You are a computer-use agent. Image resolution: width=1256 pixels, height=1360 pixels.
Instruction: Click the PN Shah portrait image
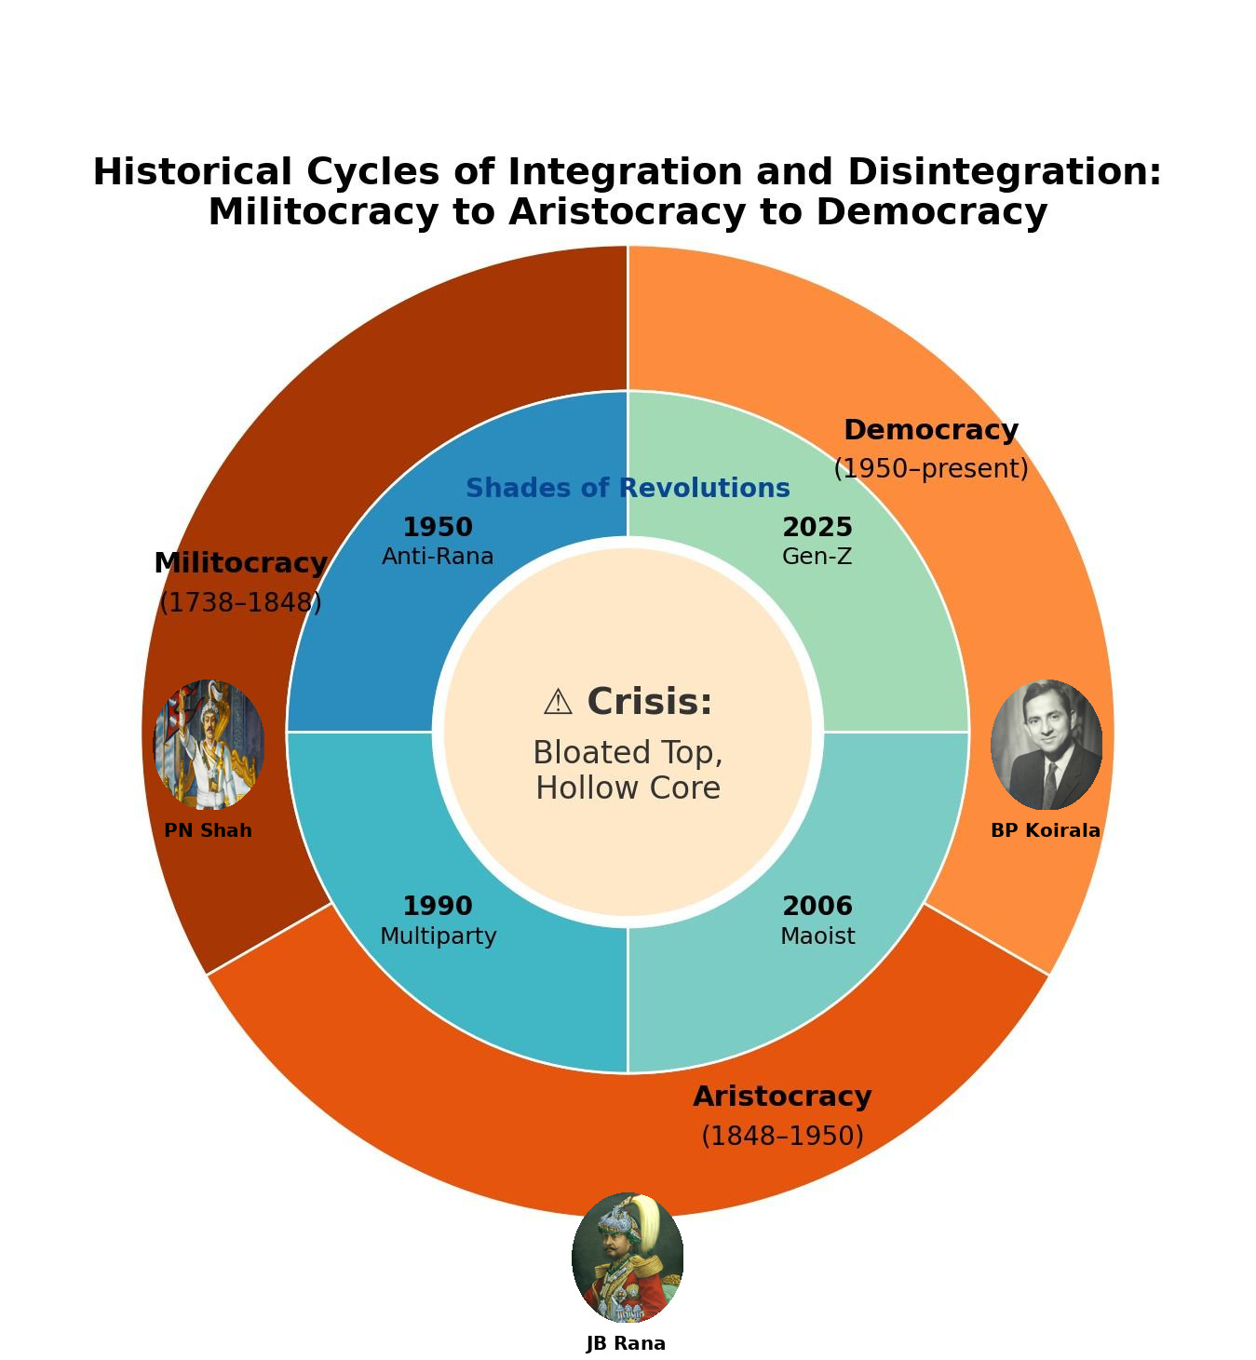coord(209,745)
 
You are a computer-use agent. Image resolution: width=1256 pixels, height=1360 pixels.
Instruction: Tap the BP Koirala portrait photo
coord(1046,745)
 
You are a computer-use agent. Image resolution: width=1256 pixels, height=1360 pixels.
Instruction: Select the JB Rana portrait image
coord(627,1258)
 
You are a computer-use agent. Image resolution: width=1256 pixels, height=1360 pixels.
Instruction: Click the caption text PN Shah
coord(208,830)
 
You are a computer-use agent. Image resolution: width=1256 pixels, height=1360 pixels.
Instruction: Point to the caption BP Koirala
coord(1045,830)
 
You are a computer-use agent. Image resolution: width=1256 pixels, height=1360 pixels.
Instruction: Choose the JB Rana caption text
coord(626,1343)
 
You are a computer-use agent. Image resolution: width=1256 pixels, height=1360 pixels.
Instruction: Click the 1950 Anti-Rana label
coord(438,541)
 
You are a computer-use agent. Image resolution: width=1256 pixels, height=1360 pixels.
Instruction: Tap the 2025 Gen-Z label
coord(817,541)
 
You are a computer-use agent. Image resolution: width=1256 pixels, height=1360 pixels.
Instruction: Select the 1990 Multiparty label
coord(438,920)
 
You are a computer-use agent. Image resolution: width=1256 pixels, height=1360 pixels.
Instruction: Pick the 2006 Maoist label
coord(817,920)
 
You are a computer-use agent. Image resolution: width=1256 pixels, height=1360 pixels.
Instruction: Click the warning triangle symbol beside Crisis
coord(558,703)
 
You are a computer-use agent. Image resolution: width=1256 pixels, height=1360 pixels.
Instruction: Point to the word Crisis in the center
coord(650,702)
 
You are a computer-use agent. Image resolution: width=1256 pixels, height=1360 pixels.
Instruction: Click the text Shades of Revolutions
coord(628,488)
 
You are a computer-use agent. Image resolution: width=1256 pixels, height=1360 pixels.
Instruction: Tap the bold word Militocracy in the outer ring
coord(240,563)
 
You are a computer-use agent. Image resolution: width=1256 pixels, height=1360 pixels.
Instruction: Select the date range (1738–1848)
coord(240,602)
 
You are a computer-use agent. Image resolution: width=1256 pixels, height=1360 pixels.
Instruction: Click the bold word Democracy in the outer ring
coord(930,430)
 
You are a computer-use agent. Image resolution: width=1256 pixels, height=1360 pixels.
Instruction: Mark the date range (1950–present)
coord(930,468)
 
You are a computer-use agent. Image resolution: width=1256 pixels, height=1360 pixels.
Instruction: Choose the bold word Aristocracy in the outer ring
coord(782,1096)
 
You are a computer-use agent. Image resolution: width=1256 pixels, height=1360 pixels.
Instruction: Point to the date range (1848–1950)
coord(782,1136)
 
